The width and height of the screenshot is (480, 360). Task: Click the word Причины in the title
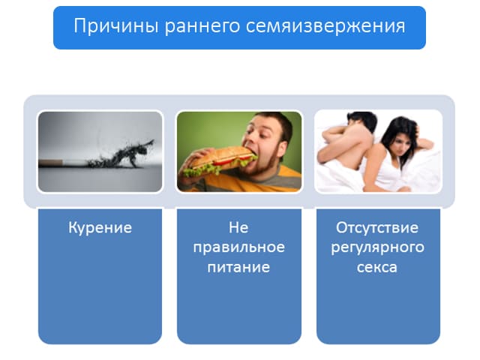coord(116,25)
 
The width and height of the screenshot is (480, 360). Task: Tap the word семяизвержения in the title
coord(325,26)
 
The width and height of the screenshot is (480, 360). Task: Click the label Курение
coord(100,228)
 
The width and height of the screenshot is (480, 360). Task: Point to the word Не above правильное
coord(238,227)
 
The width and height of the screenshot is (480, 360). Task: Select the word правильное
coord(238,247)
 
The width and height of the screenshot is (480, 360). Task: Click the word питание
coord(238,267)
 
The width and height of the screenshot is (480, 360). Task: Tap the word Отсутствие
coord(377,227)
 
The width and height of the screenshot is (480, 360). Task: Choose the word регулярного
coord(377,247)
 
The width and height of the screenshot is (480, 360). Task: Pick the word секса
coord(376,267)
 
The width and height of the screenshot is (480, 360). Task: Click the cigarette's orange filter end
coord(50,163)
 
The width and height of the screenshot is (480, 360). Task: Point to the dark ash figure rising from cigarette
coord(122,154)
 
